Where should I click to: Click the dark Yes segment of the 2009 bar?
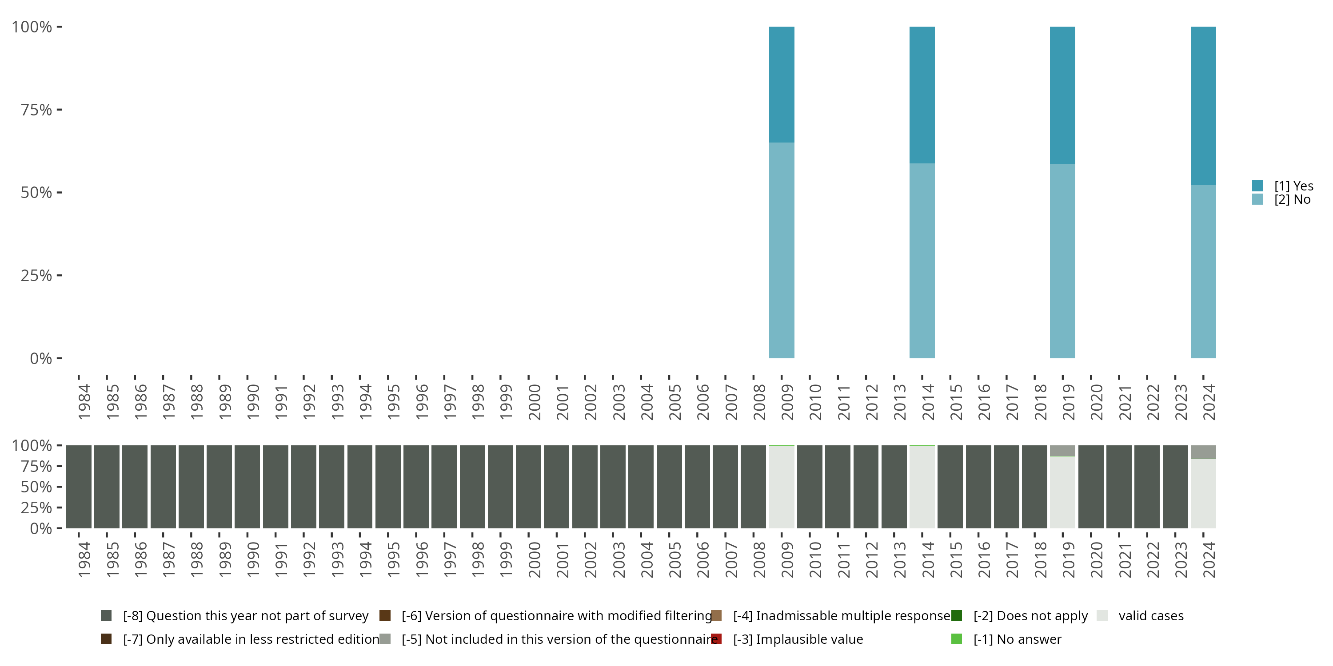[782, 84]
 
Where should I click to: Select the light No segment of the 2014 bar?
[922, 261]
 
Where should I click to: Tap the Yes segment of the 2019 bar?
[1062, 95]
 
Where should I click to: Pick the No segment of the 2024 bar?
[1203, 271]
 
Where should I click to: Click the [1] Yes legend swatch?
[1257, 186]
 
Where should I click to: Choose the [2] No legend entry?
[1292, 200]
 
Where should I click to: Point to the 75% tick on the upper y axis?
[36, 110]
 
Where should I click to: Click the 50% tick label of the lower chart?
[36, 487]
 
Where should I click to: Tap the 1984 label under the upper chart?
[84, 402]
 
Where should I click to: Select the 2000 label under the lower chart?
[534, 559]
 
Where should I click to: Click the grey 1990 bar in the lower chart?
[247, 487]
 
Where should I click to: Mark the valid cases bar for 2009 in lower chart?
[782, 487]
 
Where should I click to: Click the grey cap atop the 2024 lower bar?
[1203, 452]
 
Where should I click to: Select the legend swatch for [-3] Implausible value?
[716, 639]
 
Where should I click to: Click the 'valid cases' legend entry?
[1151, 616]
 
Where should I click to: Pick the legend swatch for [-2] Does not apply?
[956, 616]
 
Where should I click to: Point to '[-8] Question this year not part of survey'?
[245, 616]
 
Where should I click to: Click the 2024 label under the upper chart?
[1208, 402]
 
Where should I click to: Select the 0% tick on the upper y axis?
[40, 358]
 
